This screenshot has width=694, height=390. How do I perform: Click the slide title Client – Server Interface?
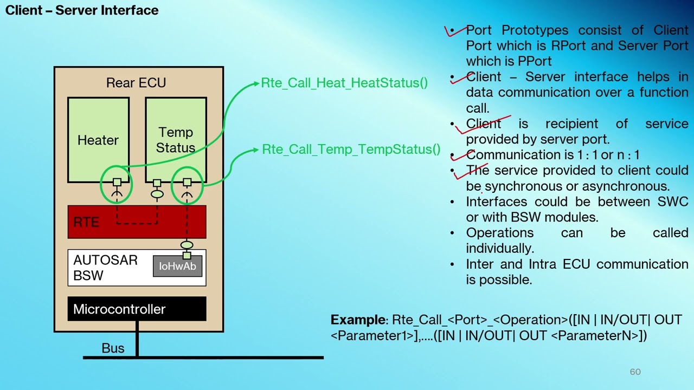coord(82,10)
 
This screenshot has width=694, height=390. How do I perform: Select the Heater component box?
coord(99,140)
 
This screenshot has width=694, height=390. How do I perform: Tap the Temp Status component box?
coord(176,140)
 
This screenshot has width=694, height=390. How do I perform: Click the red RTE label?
coord(86,222)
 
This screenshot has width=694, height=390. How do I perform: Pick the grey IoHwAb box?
coord(177,266)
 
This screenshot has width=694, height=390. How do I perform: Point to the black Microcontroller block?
coord(137,309)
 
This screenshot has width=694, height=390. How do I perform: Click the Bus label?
coord(113,348)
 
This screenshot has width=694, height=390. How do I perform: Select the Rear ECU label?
coord(136,83)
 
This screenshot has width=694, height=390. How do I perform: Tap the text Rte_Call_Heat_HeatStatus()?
coord(344,83)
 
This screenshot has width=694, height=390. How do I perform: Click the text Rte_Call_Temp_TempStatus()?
coord(351,149)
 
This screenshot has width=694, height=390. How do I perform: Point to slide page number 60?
coord(635,372)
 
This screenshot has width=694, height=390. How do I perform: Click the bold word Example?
coord(358,320)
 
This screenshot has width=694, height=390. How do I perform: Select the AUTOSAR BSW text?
coord(105,268)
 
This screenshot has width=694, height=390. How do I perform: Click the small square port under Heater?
coord(117,182)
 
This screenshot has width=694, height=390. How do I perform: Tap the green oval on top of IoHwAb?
coord(187,245)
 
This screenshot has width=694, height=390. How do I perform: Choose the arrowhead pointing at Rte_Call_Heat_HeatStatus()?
coord(256,83)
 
